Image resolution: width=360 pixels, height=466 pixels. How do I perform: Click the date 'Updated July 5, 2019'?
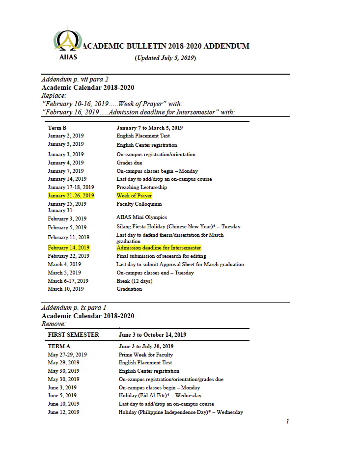(x=165, y=58)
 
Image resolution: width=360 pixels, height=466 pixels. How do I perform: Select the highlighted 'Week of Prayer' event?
(x=134, y=195)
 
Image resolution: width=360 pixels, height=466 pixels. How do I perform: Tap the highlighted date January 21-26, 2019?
(x=71, y=195)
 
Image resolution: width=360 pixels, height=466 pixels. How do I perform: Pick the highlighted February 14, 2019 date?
(x=68, y=248)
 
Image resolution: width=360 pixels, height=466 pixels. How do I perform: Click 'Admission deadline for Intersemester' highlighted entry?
(x=159, y=248)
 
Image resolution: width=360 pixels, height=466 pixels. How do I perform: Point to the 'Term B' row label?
(x=57, y=128)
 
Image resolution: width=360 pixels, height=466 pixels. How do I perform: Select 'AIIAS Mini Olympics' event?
(x=141, y=218)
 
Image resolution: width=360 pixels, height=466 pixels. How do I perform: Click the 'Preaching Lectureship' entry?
(x=141, y=187)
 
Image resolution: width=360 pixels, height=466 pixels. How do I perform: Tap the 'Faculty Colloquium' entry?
(x=139, y=204)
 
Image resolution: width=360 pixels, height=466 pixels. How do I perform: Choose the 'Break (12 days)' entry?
(x=134, y=281)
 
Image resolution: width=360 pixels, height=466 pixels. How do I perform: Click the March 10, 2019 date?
(x=65, y=289)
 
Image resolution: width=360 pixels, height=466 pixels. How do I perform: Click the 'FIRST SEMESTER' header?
(x=73, y=335)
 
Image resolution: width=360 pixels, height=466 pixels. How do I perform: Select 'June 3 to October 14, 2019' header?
(x=152, y=335)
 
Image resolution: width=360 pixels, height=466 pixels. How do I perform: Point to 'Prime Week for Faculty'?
(x=145, y=355)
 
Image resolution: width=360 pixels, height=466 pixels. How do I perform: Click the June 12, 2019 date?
(x=63, y=412)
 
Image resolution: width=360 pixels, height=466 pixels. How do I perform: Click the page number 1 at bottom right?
(x=287, y=422)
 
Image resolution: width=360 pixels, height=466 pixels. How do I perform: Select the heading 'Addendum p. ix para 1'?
(x=74, y=308)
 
